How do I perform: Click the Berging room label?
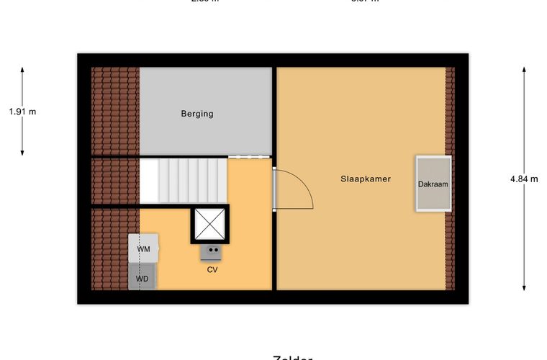click(197, 114)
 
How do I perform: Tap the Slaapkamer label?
click(366, 179)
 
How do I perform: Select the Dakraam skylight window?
click(433, 184)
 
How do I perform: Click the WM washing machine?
click(145, 249)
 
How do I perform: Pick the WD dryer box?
click(143, 277)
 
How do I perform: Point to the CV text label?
click(212, 270)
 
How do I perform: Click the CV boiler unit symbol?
click(212, 251)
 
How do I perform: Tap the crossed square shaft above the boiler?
click(209, 224)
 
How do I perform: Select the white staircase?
click(184, 180)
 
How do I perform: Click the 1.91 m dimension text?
click(22, 112)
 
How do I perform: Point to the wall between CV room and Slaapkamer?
click(274, 252)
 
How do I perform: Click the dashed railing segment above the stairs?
click(249, 156)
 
